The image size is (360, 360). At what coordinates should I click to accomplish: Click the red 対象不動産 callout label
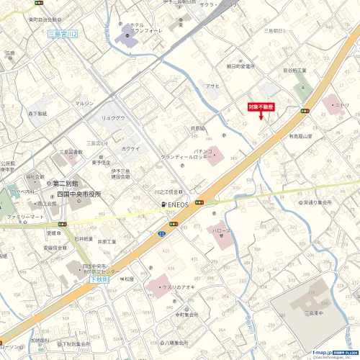261,106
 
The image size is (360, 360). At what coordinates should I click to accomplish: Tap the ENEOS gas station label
175,204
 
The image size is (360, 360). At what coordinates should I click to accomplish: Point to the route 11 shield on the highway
162,234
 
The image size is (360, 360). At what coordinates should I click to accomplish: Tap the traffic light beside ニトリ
305,111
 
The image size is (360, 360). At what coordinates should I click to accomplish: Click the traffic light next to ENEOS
207,202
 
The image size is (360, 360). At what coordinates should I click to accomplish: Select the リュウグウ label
113,117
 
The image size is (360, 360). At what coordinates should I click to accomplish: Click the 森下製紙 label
37,114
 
